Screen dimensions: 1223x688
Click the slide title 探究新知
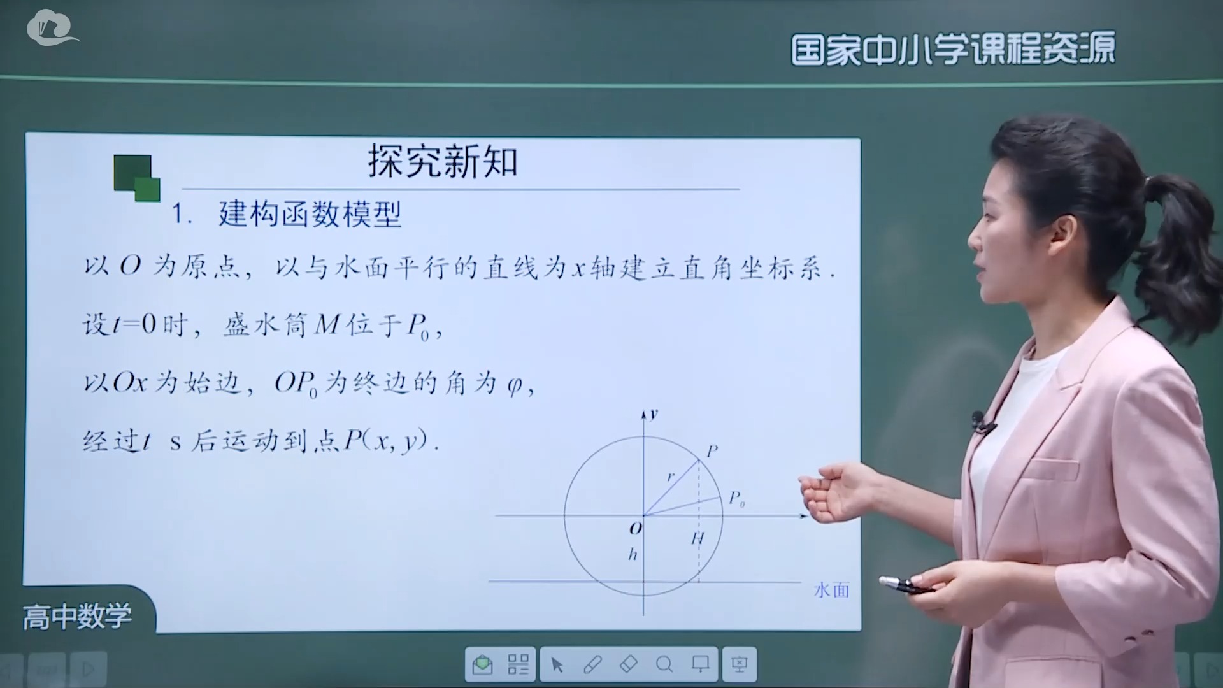tap(443, 161)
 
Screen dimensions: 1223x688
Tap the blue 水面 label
tap(831, 590)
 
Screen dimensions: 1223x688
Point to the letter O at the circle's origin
tap(635, 528)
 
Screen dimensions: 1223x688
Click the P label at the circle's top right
tap(712, 451)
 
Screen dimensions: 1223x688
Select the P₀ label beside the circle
tap(736, 498)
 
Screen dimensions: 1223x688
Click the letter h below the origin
tap(633, 554)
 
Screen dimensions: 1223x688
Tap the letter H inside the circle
tap(697, 539)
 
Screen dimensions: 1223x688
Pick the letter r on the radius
tap(670, 476)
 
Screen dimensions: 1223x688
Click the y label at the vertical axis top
tap(654, 414)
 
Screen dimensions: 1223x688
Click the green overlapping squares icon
tap(136, 178)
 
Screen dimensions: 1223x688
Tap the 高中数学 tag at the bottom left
tap(77, 617)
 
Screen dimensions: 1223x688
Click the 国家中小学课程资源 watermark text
tap(953, 48)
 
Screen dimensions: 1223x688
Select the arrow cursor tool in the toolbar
tap(557, 665)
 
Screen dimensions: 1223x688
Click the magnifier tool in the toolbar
tap(664, 665)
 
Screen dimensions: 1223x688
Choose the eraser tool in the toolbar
tap(628, 664)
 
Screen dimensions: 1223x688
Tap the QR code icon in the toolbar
tap(518, 665)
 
